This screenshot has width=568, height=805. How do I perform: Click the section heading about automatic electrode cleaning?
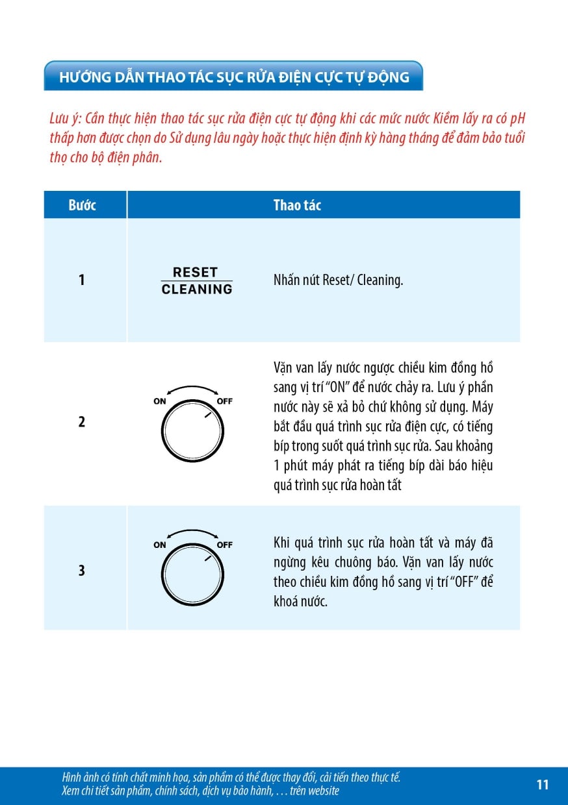234,77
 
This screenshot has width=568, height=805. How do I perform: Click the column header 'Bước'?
82,205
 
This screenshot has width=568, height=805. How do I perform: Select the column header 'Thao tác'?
297,205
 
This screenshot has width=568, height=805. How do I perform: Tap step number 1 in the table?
82,280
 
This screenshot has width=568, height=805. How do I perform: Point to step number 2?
82,422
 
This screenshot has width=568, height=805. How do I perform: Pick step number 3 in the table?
82,571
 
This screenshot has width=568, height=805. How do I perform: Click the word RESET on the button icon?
195,272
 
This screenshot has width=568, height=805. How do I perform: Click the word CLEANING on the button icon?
197,290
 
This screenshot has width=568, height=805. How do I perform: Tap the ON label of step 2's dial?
160,401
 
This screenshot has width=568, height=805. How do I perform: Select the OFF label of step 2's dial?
224,401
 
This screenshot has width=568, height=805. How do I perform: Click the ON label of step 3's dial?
160,545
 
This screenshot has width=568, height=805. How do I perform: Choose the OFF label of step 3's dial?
224,545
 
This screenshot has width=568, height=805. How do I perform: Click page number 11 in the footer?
543,785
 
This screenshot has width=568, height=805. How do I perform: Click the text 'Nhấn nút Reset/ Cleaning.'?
338,281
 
